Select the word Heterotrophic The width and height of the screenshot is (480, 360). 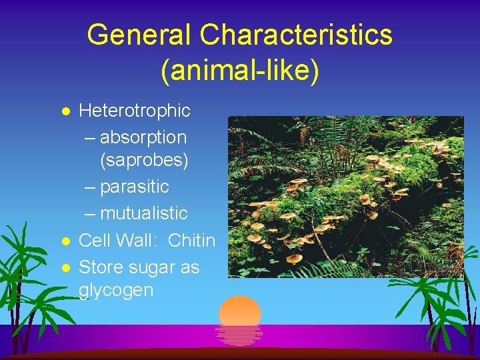(x=135, y=110)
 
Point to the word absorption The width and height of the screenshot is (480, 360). (x=143, y=137)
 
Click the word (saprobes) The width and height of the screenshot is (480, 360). (x=144, y=160)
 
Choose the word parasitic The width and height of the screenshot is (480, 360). (x=134, y=186)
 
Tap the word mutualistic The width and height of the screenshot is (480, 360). (x=143, y=213)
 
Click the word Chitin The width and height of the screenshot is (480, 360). (x=192, y=240)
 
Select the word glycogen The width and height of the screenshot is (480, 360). (x=116, y=291)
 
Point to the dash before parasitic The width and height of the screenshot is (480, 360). (x=91, y=186)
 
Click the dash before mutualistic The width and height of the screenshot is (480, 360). (x=91, y=213)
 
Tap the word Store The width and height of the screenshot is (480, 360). (x=98, y=267)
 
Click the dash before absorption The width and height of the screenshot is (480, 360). (x=91, y=138)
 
